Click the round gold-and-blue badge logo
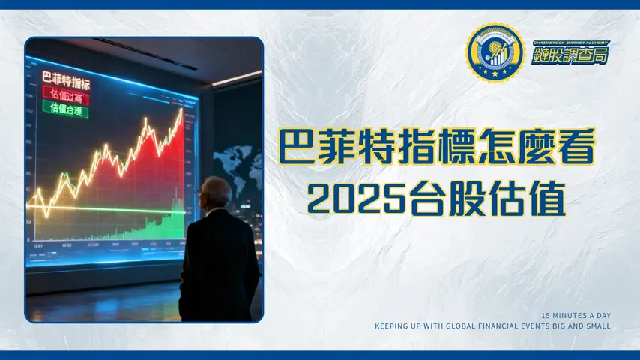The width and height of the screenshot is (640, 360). point(494,52)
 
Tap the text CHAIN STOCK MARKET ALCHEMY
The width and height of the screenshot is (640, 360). point(570,43)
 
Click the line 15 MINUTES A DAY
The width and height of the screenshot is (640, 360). point(576,315)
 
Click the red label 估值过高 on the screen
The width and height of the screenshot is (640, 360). point(65,95)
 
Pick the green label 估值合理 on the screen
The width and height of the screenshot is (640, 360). point(65,109)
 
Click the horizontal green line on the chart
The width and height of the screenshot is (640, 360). point(90,208)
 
